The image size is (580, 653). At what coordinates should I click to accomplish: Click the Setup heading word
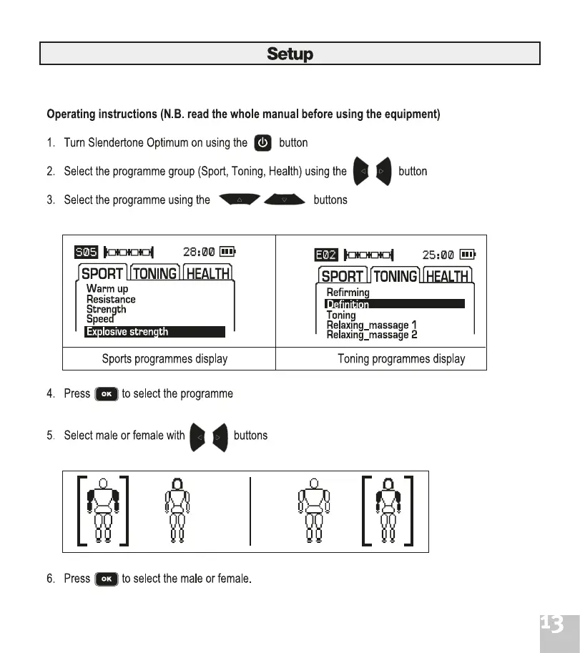point(290,54)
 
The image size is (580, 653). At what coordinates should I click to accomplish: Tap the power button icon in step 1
point(263,142)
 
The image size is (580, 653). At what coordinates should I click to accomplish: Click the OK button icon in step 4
point(106,394)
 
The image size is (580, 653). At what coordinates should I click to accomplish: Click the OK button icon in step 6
point(106,579)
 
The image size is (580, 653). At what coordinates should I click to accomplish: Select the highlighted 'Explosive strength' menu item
point(154,332)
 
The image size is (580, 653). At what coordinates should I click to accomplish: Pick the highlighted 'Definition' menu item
point(394,304)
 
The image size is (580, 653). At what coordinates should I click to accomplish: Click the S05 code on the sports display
point(86,252)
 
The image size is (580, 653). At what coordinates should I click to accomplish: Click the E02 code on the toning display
point(326,255)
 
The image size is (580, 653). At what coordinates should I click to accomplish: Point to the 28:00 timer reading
point(199,252)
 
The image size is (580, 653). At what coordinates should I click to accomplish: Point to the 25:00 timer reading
point(438,255)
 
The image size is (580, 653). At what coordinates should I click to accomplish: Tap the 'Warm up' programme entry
point(107,289)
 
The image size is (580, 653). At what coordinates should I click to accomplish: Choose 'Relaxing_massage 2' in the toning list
point(371,335)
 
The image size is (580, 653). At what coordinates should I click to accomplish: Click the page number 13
point(551,624)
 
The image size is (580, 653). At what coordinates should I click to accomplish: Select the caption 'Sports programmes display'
point(164,358)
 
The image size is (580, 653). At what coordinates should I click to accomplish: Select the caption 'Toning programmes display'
point(401,358)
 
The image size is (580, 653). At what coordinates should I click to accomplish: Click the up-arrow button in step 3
point(240,200)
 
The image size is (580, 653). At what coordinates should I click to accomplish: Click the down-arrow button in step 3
point(284,200)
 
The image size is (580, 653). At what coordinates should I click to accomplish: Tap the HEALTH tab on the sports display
point(208,273)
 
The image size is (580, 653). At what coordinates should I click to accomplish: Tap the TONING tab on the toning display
point(395,276)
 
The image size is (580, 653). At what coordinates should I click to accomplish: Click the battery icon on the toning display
point(467,255)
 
